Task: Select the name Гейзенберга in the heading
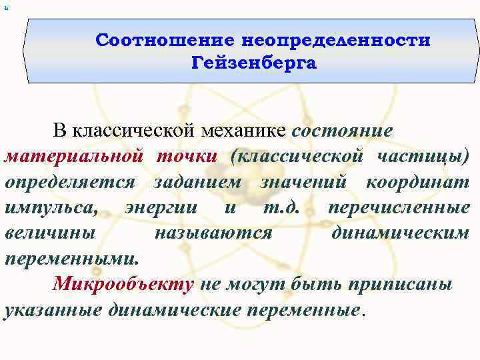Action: click(x=254, y=65)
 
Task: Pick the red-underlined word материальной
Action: click(x=73, y=157)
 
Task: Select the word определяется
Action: click(x=70, y=182)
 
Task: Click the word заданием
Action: click(x=196, y=182)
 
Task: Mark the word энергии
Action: click(x=161, y=207)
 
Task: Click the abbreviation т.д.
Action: click(x=280, y=207)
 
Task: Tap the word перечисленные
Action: click(x=399, y=207)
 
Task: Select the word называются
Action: click(x=213, y=233)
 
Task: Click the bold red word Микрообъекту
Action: click(x=123, y=284)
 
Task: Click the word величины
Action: click(x=50, y=233)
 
